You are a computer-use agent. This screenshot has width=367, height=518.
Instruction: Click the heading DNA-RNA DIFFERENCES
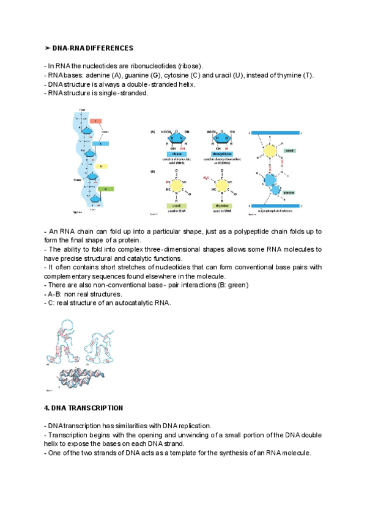pos(93,48)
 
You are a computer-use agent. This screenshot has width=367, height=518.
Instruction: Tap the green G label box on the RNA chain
pos(106,189)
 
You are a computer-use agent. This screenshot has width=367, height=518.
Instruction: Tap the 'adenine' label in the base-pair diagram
pos(289,192)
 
